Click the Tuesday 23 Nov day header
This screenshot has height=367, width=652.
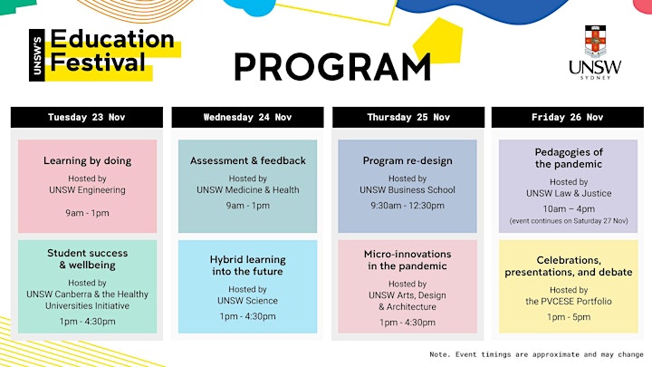tap(87, 117)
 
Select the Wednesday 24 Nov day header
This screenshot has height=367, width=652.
tap(247, 117)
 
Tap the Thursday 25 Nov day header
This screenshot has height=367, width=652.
tap(408, 117)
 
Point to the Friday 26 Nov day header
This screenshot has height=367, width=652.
tap(568, 117)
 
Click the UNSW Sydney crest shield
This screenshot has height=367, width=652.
tap(596, 41)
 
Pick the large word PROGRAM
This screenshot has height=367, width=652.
tap(332, 67)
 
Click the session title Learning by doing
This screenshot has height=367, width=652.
tap(87, 160)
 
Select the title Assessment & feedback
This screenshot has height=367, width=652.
tap(248, 160)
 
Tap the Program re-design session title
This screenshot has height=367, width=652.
tap(407, 161)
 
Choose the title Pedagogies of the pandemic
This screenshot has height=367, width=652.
tap(569, 158)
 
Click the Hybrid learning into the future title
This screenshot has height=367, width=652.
tap(248, 266)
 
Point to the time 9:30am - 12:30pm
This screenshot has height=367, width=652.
tap(407, 206)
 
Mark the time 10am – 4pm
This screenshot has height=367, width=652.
tap(569, 209)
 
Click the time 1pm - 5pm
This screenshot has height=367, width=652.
tap(569, 317)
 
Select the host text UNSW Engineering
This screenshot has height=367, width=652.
tap(87, 189)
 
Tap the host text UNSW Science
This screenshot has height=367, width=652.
tap(247, 301)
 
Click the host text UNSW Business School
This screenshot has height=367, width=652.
tap(407, 189)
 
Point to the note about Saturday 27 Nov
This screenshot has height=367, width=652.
tap(569, 221)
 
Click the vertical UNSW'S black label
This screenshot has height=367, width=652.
tap(37, 55)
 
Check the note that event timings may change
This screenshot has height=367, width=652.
tap(536, 354)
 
